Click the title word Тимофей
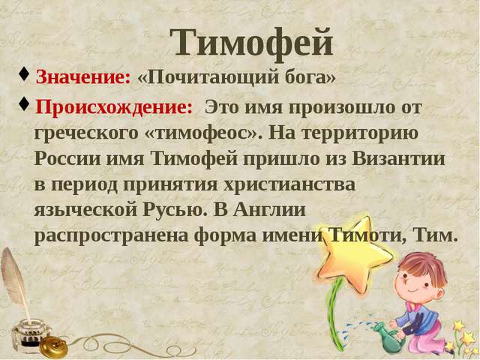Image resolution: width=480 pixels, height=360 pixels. click(252, 43)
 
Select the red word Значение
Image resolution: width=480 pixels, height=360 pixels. click(83, 76)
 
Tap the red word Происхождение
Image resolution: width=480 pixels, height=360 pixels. click(114, 107)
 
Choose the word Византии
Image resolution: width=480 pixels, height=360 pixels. click(398, 159)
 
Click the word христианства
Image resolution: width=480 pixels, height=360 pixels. click(289, 185)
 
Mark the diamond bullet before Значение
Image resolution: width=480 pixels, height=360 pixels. click(24, 75)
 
